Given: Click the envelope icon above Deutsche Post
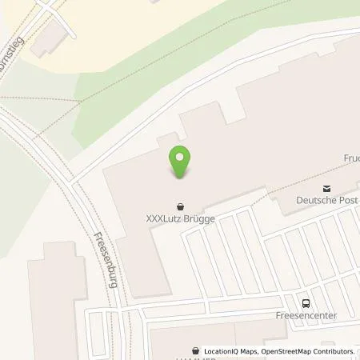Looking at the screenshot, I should pos(326,187).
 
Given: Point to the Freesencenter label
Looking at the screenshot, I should pos(305,315).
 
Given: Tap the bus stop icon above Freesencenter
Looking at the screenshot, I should pos(304,302).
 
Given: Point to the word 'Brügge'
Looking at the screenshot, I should pos(202,217).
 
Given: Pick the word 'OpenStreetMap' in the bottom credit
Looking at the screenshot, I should pos(291,351).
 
